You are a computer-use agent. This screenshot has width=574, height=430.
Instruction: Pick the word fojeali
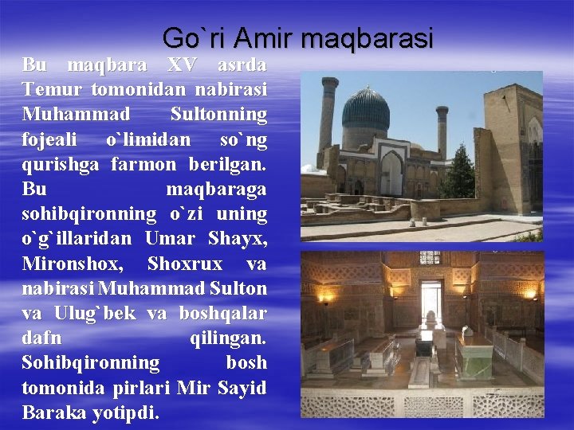pyautogui.click(x=49, y=139)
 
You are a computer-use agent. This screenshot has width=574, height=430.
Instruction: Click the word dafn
pyautogui.click(x=41, y=338)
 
